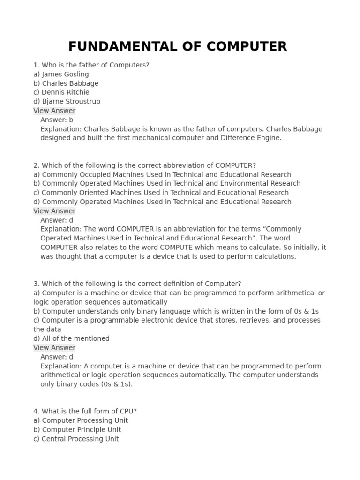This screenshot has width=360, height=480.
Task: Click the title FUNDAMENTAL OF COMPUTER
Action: pyautogui.click(x=178, y=47)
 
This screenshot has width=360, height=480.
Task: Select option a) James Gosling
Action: pyautogui.click(x=61, y=74)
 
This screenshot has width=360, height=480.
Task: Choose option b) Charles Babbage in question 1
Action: pyautogui.click(x=66, y=83)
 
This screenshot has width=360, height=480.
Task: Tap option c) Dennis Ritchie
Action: pyautogui.click(x=61, y=92)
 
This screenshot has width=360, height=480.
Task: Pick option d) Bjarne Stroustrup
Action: pyautogui.click(x=67, y=101)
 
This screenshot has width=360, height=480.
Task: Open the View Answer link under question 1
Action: pyautogui.click(x=54, y=111)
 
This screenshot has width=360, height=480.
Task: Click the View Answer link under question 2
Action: pyautogui.click(x=54, y=211)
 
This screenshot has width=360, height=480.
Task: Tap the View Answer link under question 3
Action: pyautogui.click(x=54, y=348)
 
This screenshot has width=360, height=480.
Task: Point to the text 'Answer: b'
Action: pyautogui.click(x=57, y=120)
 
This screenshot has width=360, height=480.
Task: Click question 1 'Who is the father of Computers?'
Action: pyautogui.click(x=91, y=65)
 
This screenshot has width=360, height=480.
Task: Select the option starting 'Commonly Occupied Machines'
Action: pyautogui.click(x=162, y=174)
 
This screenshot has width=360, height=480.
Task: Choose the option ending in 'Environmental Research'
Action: pyautogui.click(x=167, y=183)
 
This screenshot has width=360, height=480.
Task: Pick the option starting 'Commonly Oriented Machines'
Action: pyautogui.click(x=161, y=193)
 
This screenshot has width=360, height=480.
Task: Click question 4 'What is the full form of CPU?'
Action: pyautogui.click(x=85, y=411)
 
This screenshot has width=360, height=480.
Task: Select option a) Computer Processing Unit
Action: pyautogui.click(x=80, y=420)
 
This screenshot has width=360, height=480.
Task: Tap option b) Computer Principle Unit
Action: pyautogui.click(x=77, y=429)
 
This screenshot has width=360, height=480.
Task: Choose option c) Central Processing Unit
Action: pyautogui.click(x=76, y=439)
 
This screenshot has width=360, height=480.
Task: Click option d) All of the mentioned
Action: pyautogui.click(x=71, y=338)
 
